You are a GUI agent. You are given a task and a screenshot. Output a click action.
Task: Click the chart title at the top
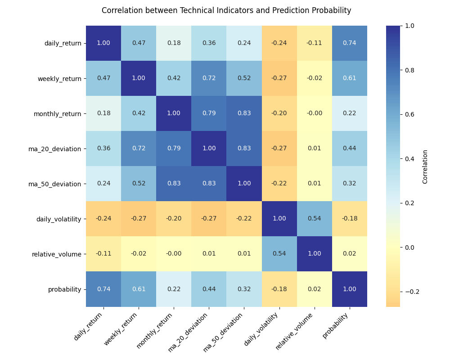(x=226, y=10)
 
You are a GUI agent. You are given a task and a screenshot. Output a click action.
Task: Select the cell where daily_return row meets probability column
(x=350, y=43)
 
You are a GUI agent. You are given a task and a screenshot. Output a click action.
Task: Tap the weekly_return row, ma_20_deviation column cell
(x=209, y=78)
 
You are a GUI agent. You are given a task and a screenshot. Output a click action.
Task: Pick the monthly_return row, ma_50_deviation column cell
(x=244, y=113)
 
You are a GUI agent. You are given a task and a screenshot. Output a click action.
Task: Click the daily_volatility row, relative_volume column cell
(x=315, y=219)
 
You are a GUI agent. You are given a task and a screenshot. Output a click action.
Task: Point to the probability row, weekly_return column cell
(x=139, y=289)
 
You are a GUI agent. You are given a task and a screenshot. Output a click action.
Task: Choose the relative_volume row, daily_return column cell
(x=103, y=254)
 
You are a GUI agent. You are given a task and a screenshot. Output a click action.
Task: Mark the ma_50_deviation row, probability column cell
(x=350, y=184)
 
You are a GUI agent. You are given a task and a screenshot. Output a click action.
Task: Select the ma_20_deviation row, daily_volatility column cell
(x=279, y=148)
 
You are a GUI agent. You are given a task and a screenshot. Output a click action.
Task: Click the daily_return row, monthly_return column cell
(x=174, y=43)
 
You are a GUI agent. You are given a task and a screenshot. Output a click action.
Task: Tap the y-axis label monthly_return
(x=58, y=114)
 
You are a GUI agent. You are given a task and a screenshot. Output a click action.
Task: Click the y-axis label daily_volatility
(x=59, y=219)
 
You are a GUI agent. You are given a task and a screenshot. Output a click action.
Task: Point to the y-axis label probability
(x=65, y=289)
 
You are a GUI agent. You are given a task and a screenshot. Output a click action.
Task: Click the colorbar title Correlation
(x=425, y=166)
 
